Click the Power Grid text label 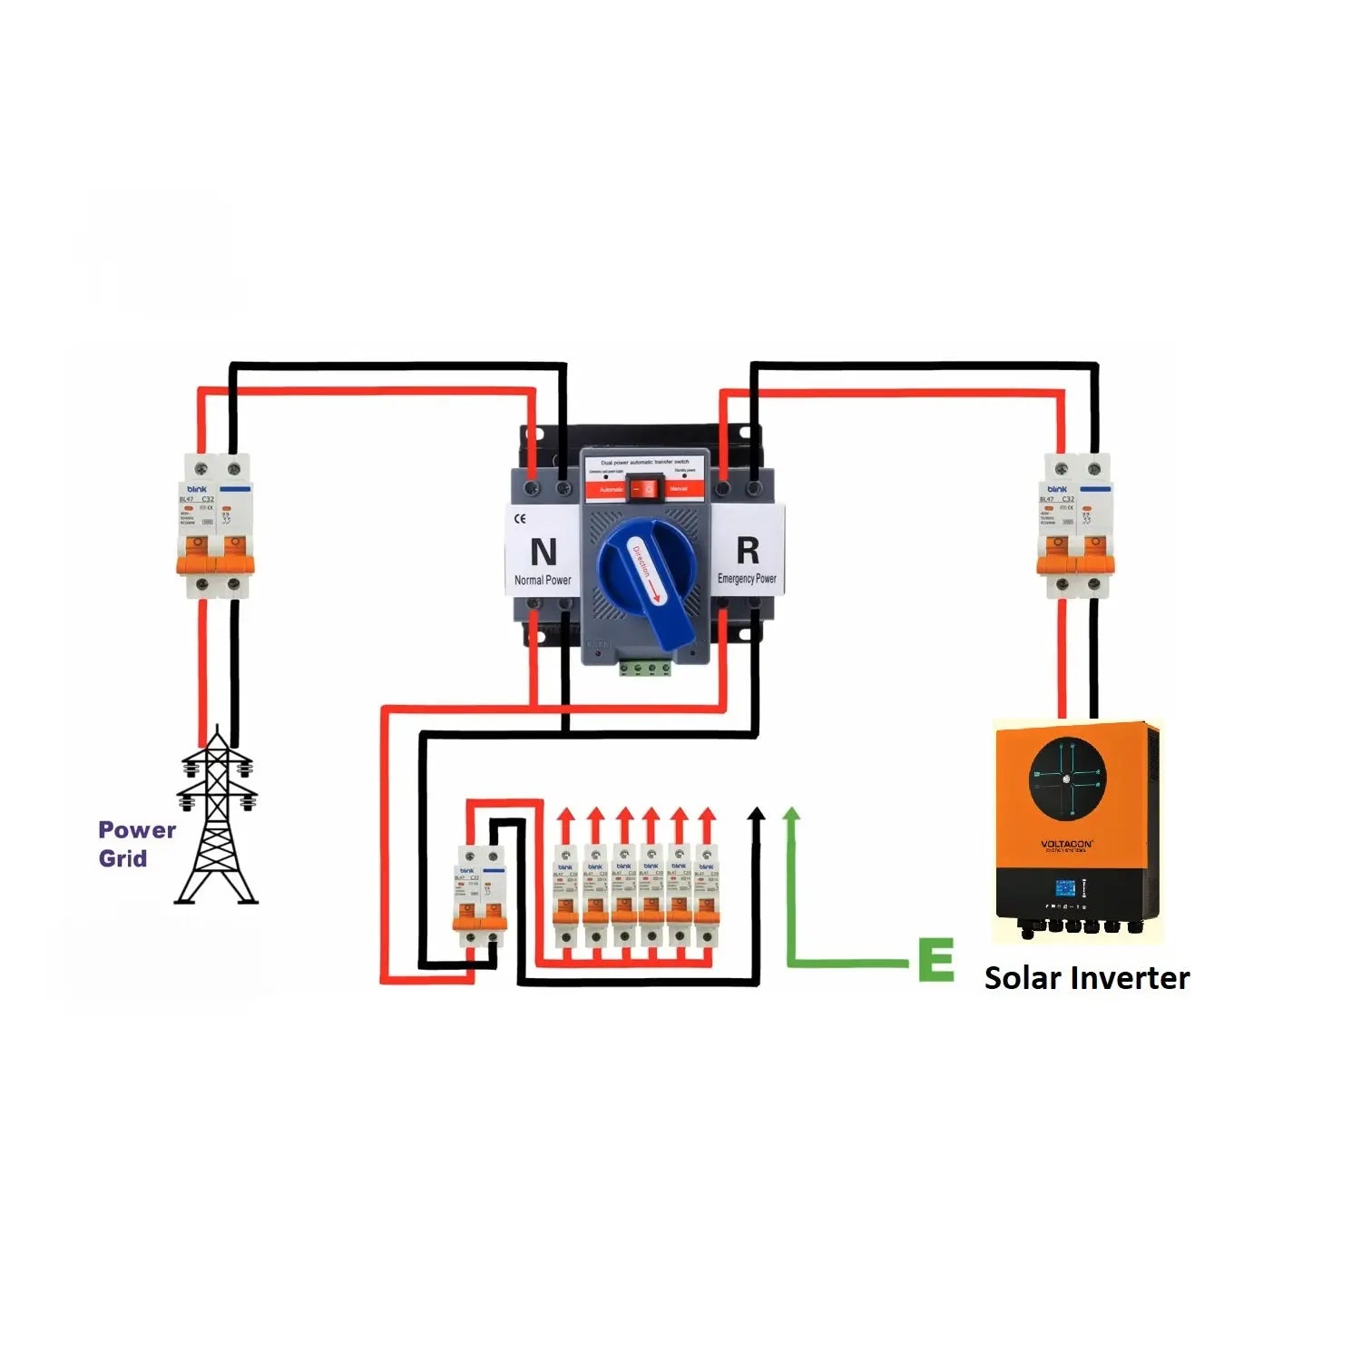click(x=135, y=844)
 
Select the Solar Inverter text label click(x=1086, y=978)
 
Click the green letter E click(x=935, y=960)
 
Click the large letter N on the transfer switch click(x=543, y=552)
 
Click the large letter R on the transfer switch click(x=748, y=550)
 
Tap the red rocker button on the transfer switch click(x=645, y=489)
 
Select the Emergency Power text click(x=747, y=579)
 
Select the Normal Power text click(x=543, y=581)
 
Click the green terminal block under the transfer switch click(x=645, y=669)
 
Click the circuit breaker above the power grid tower click(x=214, y=526)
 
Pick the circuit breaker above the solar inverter click(x=1075, y=526)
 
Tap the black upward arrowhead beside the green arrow click(x=756, y=813)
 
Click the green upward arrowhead click(x=792, y=813)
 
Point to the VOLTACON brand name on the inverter click(x=1067, y=844)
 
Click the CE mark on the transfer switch click(x=520, y=520)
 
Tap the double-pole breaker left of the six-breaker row click(x=479, y=896)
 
